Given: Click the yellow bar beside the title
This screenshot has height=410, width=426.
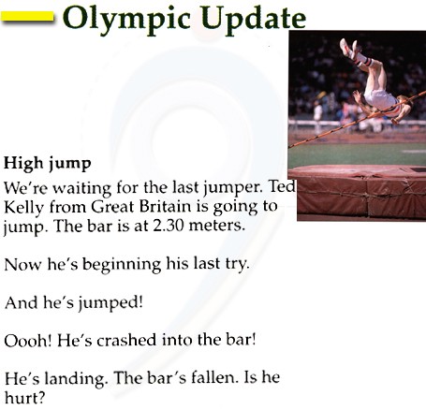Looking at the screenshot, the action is pyautogui.click(x=27, y=17).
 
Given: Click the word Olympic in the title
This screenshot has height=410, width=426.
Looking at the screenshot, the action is pyautogui.click(x=126, y=19).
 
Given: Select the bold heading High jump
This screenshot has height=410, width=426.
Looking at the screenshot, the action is pyautogui.click(x=47, y=164).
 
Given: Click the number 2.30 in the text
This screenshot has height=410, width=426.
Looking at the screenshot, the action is pyautogui.click(x=169, y=226).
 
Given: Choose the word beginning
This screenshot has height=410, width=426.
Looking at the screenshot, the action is pyautogui.click(x=122, y=265).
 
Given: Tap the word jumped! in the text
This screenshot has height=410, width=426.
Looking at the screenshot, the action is pyautogui.click(x=110, y=303).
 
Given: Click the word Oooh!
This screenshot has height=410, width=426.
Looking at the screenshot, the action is pyautogui.click(x=27, y=340).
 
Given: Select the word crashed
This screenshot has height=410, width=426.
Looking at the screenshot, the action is pyautogui.click(x=126, y=340).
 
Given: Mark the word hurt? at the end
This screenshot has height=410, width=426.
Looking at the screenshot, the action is pyautogui.click(x=25, y=398).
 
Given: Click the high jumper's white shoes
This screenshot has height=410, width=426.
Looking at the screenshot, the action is pyautogui.click(x=349, y=50).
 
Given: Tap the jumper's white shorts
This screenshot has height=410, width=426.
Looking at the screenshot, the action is pyautogui.click(x=379, y=98).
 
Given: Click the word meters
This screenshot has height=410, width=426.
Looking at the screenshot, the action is pyautogui.click(x=216, y=226).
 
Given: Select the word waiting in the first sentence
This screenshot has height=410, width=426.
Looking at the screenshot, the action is pyautogui.click(x=81, y=189).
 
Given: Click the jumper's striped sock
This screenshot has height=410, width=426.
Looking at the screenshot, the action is pyautogui.click(x=365, y=61).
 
